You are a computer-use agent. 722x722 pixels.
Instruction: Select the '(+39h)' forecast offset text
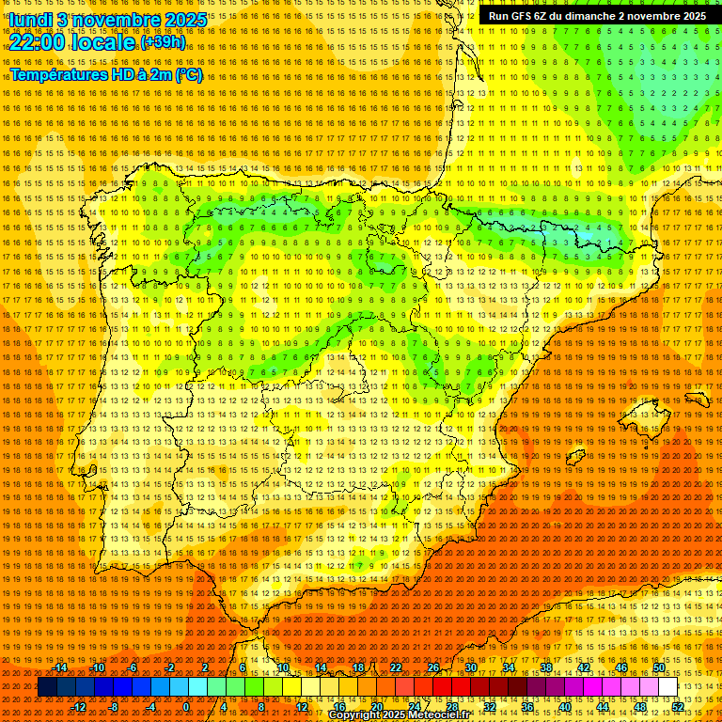click(x=163, y=42)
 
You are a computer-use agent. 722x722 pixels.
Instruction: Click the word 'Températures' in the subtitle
click(x=62, y=74)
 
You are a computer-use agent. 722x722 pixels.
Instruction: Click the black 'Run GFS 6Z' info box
click(x=597, y=16)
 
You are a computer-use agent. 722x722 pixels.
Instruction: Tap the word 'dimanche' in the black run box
click(x=589, y=16)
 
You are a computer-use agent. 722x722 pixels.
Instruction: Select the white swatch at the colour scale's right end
click(x=668, y=687)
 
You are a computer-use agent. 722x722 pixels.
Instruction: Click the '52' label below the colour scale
click(x=678, y=707)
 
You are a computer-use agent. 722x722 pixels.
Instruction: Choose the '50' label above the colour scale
click(x=659, y=667)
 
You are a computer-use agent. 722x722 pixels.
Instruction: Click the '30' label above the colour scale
click(x=470, y=667)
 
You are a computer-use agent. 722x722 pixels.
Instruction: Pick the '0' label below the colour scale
click(x=186, y=707)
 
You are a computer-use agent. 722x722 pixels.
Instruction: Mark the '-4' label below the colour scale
click(x=150, y=707)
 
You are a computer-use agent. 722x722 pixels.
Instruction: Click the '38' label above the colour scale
click(x=545, y=667)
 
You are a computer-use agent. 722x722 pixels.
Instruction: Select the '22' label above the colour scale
click(x=395, y=667)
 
